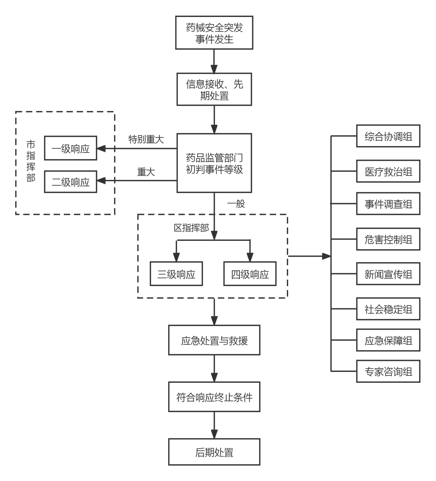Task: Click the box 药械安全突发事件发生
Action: [x=214, y=33]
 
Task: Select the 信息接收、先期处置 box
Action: [x=214, y=89]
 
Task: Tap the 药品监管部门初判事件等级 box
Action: [x=214, y=163]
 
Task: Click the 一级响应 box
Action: [x=70, y=148]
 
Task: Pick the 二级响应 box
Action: [x=70, y=182]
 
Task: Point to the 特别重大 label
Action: [x=146, y=139]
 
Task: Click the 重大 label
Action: [x=146, y=172]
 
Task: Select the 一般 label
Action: [x=236, y=203]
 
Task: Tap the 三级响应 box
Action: [x=176, y=274]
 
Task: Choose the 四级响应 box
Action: [x=250, y=274]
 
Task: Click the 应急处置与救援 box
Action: [x=214, y=341]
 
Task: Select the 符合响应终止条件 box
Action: [x=214, y=397]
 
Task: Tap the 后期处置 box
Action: [x=214, y=452]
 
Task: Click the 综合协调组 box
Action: [x=388, y=136]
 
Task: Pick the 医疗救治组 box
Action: [x=388, y=171]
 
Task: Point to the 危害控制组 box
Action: [x=388, y=239]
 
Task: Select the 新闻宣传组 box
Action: [x=388, y=274]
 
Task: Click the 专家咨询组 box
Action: [x=388, y=371]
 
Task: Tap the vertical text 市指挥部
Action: [x=31, y=161]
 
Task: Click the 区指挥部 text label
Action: [x=191, y=228]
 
